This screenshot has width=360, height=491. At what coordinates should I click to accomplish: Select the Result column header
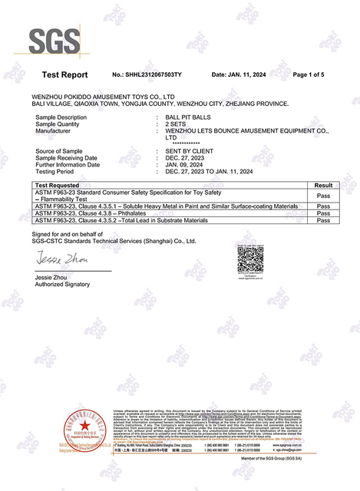pos(323,186)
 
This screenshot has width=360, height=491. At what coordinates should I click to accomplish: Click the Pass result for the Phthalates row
pos(323,213)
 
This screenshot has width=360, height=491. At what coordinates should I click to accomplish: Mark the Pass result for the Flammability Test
pos(323,196)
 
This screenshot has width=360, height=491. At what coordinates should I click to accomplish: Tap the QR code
pos(250,262)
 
